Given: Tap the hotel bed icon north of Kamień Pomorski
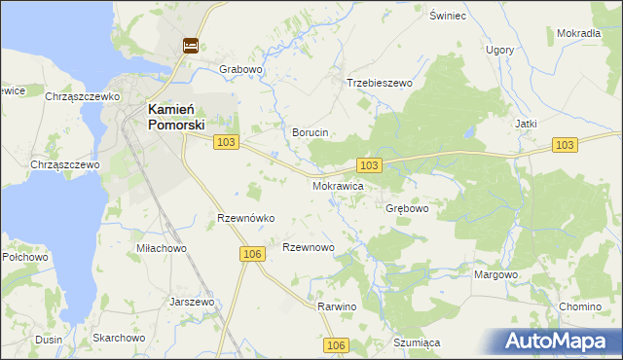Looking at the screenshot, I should [x=190, y=45].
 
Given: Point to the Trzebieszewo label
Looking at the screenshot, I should [x=380, y=84].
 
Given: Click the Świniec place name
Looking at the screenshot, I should [x=450, y=17].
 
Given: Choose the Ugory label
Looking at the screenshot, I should [x=499, y=50].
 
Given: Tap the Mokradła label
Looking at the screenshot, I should [x=578, y=33].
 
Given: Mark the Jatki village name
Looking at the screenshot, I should [x=527, y=125].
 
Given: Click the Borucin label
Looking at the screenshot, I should [x=311, y=132].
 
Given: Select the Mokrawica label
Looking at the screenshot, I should [x=338, y=185].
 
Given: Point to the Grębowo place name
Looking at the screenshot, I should [x=407, y=209].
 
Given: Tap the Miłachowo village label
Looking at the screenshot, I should [x=162, y=249].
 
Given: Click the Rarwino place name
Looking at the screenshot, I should [x=338, y=307].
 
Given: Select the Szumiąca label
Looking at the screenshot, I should [x=418, y=343].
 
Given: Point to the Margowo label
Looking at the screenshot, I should [x=495, y=275].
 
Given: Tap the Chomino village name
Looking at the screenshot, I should [x=580, y=307].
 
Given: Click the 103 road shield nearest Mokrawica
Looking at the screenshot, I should [x=369, y=165].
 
